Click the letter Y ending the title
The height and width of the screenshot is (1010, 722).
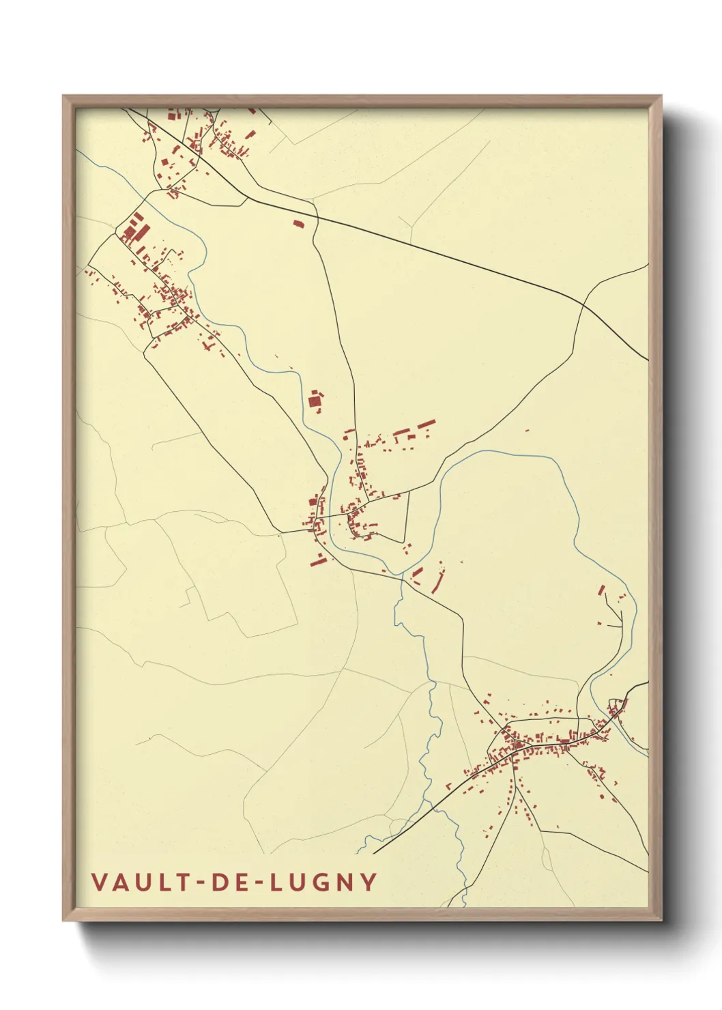click(369, 882)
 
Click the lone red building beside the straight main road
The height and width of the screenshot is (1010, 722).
click(298, 222)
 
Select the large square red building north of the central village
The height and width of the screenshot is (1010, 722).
click(315, 401)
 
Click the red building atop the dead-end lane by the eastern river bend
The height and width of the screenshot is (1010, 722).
click(602, 590)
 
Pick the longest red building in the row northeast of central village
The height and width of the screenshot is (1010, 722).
click(426, 424)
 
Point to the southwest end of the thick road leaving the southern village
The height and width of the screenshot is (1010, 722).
click(374, 853)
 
